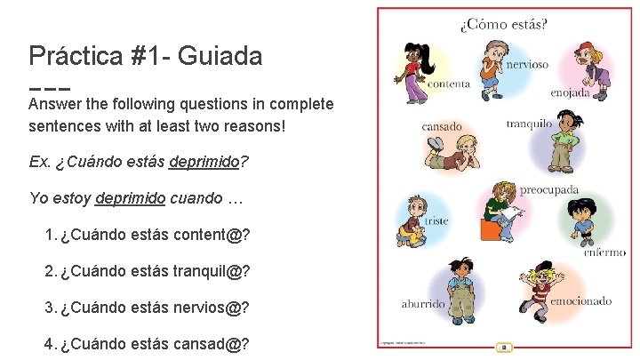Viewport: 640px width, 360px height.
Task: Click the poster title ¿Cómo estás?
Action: [503, 23]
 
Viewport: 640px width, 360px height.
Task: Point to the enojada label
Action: [569, 92]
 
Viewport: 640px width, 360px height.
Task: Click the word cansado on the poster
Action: [441, 126]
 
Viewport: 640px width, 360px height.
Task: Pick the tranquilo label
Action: [529, 124]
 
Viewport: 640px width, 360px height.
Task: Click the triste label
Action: [436, 220]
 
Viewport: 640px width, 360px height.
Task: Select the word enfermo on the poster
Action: [604, 252]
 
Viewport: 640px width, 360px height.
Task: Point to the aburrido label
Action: [422, 304]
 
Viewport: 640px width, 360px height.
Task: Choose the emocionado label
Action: [580, 301]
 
